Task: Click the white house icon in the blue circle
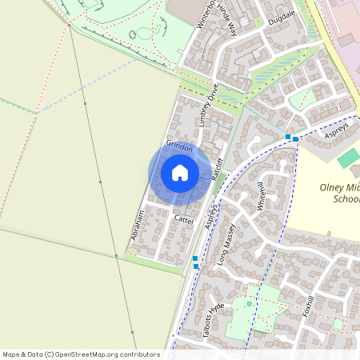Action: pos(180,172)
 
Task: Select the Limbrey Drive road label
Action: pos(208,106)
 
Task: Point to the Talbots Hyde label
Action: pos(213,319)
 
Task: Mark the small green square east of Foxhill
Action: pos(338,324)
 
